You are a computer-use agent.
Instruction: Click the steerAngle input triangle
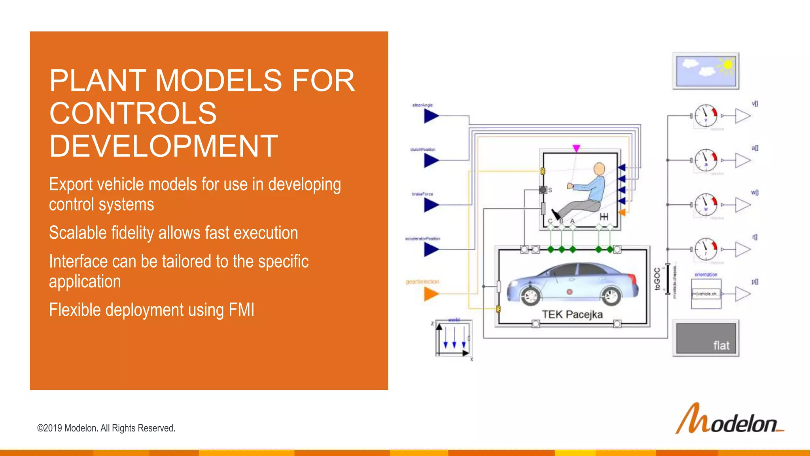click(431, 116)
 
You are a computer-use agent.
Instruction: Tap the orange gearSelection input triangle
click(431, 294)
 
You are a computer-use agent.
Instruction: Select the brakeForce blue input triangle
click(431, 205)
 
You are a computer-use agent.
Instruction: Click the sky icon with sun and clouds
click(706, 71)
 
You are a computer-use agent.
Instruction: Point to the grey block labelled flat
click(706, 338)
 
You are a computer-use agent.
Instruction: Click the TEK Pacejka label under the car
click(572, 315)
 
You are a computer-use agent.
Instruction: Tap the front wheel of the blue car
click(531, 295)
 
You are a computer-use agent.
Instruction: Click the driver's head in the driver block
click(599, 169)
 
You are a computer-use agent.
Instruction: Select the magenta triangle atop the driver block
click(576, 148)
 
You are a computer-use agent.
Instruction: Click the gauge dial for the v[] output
click(706, 116)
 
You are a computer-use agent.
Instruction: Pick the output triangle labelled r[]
click(743, 249)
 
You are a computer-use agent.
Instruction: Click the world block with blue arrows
click(453, 338)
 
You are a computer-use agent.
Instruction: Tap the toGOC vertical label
click(657, 279)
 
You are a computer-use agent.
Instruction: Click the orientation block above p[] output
click(706, 293)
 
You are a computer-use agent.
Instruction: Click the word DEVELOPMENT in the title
click(163, 146)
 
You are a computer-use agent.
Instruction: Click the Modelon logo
click(729, 420)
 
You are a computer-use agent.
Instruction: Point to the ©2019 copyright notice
click(106, 428)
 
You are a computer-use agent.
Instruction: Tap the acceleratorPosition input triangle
click(431, 249)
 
